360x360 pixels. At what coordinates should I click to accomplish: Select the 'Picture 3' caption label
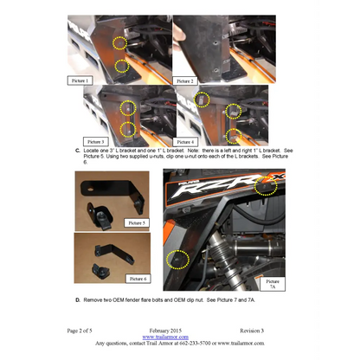(x=97, y=140)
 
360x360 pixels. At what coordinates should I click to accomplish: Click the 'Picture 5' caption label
(x=136, y=222)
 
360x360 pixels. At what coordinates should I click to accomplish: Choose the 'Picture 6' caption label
(x=137, y=278)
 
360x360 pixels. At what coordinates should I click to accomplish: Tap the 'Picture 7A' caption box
(x=273, y=283)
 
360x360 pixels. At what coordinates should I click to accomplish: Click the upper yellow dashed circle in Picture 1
(x=121, y=42)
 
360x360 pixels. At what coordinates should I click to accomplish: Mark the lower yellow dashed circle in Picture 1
(x=122, y=66)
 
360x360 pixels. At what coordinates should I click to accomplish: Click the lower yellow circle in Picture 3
(x=128, y=130)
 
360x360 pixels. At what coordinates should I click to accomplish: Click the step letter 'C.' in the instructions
(x=79, y=151)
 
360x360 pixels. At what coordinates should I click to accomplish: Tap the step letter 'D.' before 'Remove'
(x=79, y=299)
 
